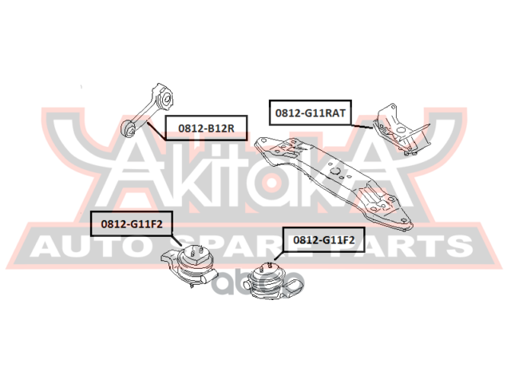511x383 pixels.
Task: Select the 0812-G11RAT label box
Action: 311,113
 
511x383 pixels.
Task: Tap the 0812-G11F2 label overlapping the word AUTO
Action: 131,224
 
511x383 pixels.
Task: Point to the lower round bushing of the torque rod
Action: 129,126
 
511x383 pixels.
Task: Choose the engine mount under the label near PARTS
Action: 267,283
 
